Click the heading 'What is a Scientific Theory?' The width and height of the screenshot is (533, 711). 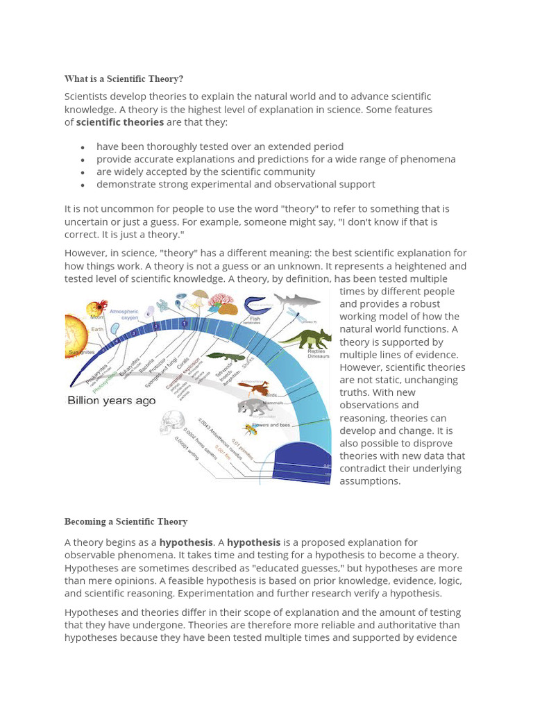124,78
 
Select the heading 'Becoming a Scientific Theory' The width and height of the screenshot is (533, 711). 126,521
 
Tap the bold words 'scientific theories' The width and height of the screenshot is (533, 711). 120,122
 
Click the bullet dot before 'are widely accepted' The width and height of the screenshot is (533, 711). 83,172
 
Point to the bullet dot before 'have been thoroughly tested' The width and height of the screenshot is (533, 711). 83,147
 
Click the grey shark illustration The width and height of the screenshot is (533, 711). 298,300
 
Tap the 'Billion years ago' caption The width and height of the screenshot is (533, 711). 111,401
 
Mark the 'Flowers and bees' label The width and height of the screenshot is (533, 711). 276,424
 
